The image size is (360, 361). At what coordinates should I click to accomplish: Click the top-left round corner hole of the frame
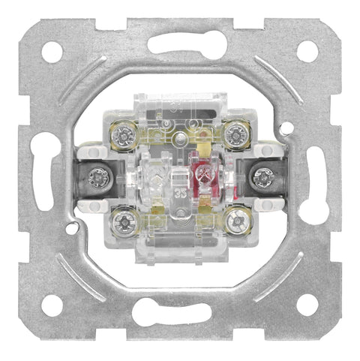point(52,52)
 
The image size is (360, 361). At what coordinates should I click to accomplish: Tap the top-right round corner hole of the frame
point(307,51)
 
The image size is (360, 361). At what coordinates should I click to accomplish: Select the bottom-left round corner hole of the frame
point(52,305)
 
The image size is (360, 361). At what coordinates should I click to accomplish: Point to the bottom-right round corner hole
point(307,305)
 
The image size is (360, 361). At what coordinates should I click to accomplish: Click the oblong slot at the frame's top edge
point(180,44)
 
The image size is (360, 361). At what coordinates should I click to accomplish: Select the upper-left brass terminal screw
point(123,134)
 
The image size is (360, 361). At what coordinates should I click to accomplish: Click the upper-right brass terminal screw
point(237,134)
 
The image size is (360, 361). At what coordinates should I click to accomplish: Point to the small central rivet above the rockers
point(180,140)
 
